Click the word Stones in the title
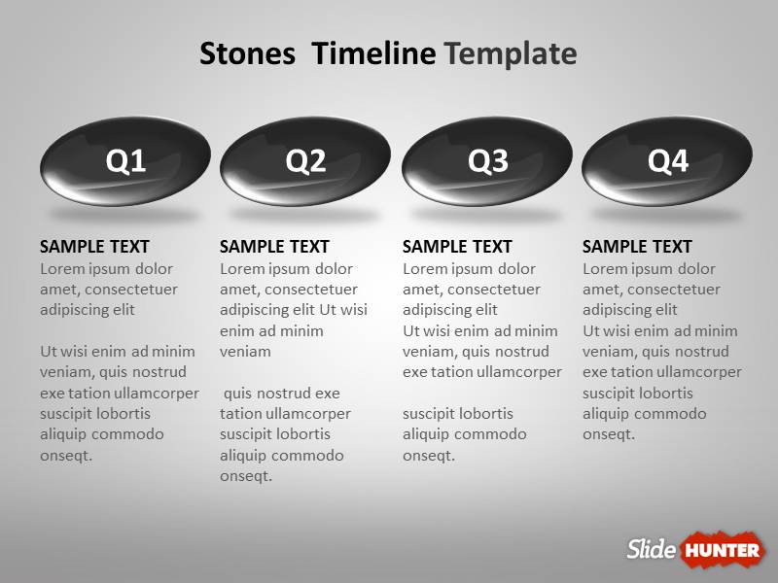247,53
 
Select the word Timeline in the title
373,53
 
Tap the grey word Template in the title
511,53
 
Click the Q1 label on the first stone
125,161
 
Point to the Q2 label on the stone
305,161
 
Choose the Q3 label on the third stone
487,161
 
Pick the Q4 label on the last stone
668,161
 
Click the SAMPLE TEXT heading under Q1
94,247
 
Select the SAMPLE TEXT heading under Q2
274,247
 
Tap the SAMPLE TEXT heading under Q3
457,247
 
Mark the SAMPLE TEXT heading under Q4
637,247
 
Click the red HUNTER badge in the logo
722,551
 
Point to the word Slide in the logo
651,550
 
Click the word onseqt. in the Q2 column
246,476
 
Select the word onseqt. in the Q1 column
66,455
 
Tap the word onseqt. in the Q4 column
609,434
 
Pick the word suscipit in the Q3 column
432,414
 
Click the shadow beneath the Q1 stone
124,213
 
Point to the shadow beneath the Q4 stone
667,213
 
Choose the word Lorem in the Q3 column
424,269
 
